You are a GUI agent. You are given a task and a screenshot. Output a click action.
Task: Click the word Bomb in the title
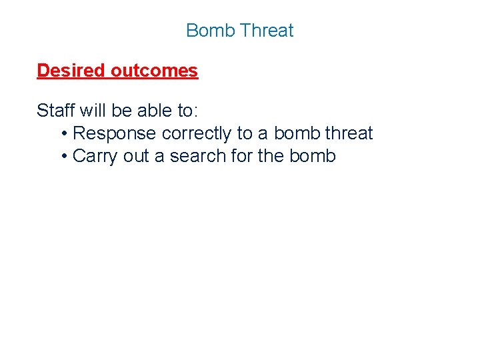pyautogui.click(x=211, y=31)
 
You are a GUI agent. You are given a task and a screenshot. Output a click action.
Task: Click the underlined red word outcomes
pyautogui.click(x=155, y=71)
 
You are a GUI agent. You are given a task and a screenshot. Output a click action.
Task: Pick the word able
pyautogui.click(x=155, y=110)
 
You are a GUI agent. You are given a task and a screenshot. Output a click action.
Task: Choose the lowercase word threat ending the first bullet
pyautogui.click(x=349, y=133)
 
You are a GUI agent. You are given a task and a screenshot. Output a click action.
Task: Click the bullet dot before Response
pyautogui.click(x=63, y=134)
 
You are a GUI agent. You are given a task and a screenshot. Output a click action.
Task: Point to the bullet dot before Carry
pyautogui.click(x=63, y=157)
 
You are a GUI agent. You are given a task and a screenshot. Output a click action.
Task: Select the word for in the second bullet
pyautogui.click(x=241, y=156)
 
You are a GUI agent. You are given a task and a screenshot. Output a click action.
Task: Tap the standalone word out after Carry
pyautogui.click(x=136, y=156)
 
